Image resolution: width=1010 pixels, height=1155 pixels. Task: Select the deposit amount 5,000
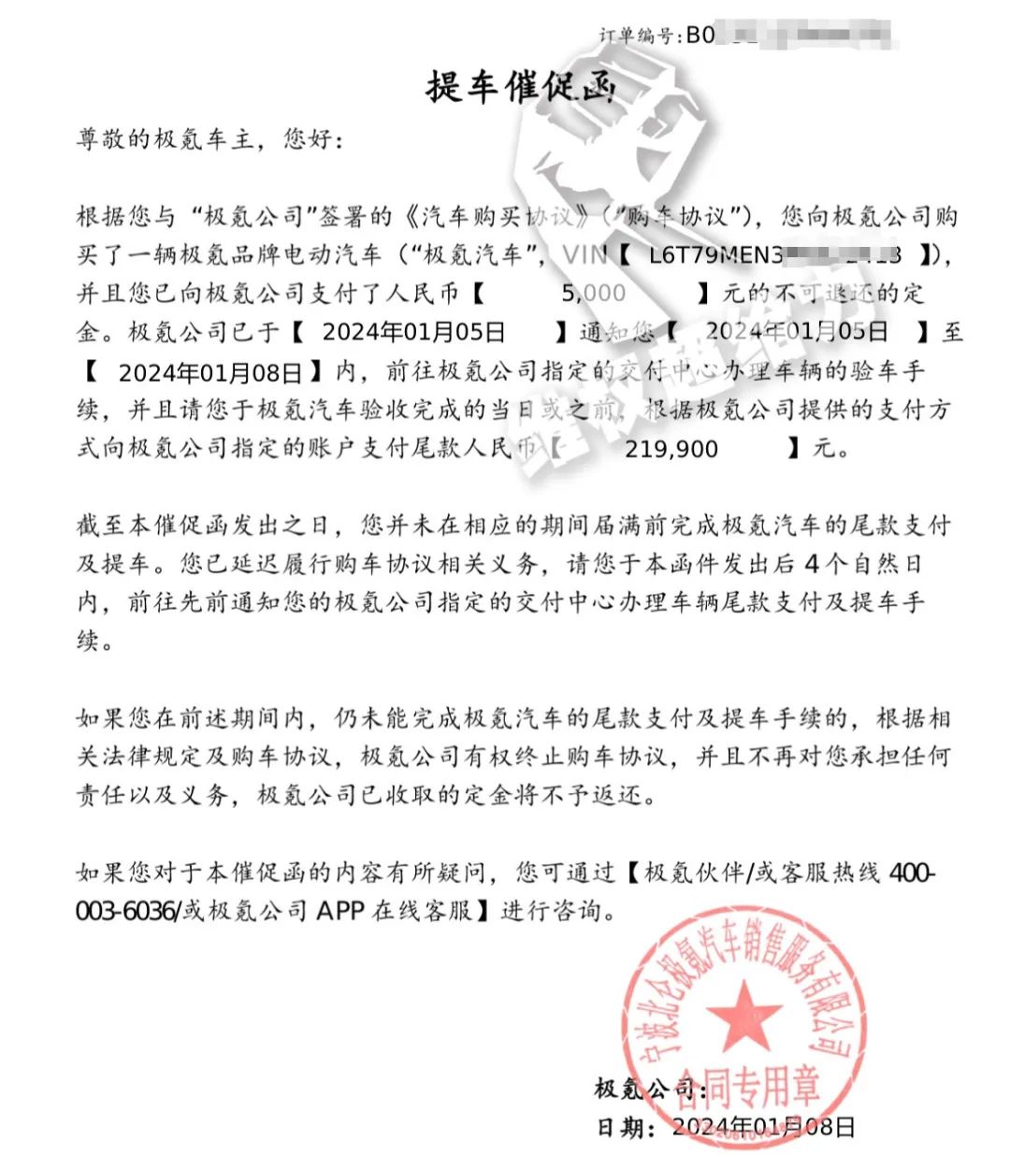593,293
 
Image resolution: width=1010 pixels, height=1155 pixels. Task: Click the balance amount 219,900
671,449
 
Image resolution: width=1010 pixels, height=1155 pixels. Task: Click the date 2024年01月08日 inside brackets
210,372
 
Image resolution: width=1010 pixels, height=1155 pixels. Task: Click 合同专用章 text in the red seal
748,1085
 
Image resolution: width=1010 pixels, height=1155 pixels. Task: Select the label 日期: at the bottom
625,1127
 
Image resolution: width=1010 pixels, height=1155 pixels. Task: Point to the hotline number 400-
911,873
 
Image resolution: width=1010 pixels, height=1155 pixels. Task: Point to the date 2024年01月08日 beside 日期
763,1127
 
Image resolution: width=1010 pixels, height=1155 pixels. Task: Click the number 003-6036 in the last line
126,911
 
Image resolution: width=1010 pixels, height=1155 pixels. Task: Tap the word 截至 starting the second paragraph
101,525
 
